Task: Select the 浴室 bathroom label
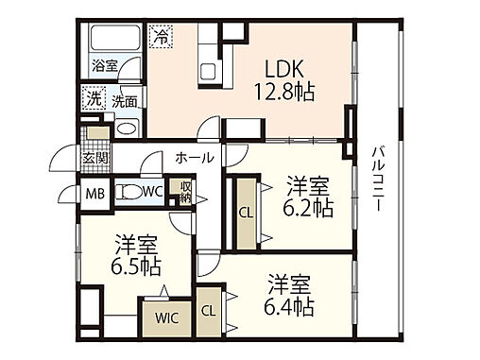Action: [x=104, y=66]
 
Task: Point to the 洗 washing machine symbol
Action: [x=94, y=98]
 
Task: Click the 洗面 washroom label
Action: [x=125, y=100]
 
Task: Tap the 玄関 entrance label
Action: [x=94, y=158]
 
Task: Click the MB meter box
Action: [x=96, y=193]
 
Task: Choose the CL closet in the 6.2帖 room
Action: [x=244, y=214]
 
